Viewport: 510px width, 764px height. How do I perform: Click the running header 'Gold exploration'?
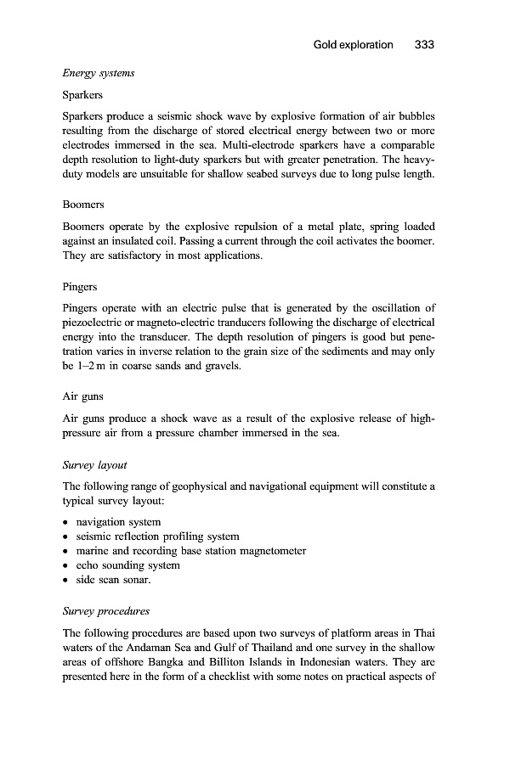point(353,44)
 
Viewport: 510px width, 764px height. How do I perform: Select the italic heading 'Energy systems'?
point(99,74)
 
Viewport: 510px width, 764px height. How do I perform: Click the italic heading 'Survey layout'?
point(95,465)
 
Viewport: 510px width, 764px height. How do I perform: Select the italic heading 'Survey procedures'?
point(106,611)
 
